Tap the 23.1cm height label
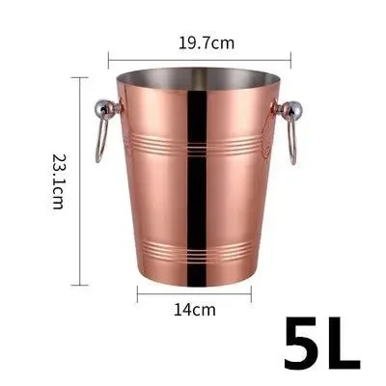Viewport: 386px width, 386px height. click(57, 184)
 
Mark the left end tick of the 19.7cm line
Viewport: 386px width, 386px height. click(108, 56)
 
